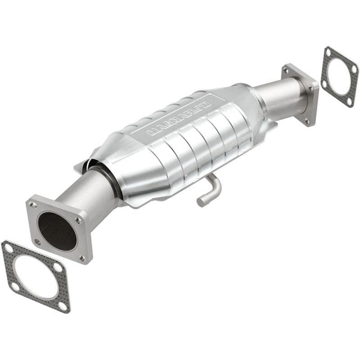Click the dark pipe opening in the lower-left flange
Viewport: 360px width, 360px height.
click(57, 231)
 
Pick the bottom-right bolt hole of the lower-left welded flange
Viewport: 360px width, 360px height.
click(82, 258)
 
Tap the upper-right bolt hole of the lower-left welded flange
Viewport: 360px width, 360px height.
click(78, 221)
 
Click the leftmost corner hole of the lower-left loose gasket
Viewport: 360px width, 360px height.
click(8, 248)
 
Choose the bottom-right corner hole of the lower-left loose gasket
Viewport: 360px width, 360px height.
click(63, 305)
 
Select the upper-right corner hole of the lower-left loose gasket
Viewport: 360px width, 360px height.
click(57, 268)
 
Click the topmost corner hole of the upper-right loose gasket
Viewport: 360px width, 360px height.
click(328, 52)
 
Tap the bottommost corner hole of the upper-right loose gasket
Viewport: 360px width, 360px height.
click(349, 100)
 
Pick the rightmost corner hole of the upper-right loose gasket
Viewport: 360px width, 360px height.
click(353, 68)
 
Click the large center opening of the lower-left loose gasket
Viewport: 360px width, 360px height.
click(35, 277)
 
